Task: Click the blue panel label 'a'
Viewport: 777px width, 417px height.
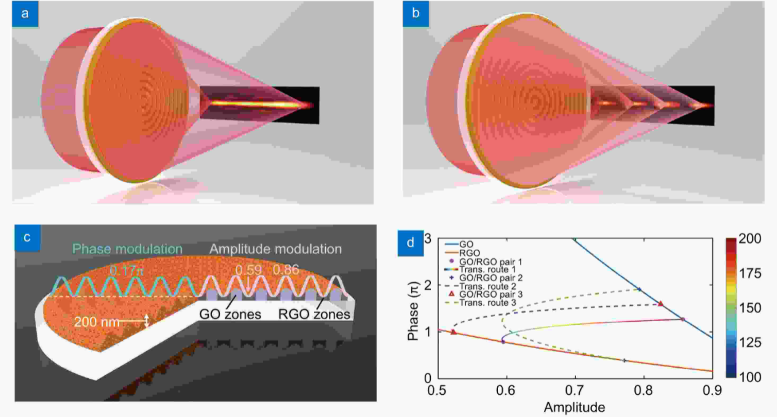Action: (x=25, y=14)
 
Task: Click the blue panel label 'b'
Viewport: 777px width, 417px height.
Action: (x=416, y=14)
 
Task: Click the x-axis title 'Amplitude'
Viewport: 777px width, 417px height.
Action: (x=574, y=407)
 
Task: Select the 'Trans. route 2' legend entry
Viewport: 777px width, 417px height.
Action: (x=486, y=287)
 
